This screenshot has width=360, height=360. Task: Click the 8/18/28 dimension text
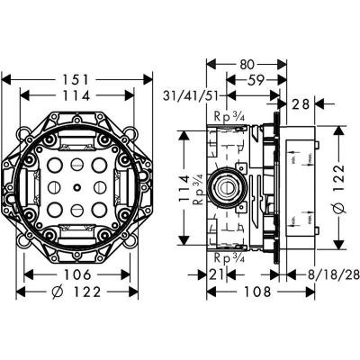click(x=321, y=274)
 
